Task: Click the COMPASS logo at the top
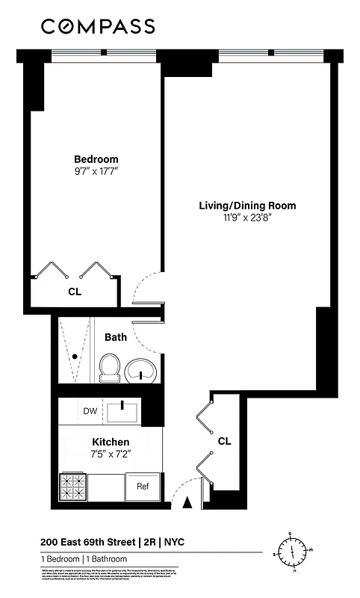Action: (98, 27)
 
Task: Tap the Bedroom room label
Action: (96, 159)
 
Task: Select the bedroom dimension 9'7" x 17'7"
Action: (96, 172)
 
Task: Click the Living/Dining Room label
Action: (247, 206)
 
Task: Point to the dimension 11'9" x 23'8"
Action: (247, 218)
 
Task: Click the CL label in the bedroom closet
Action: (74, 292)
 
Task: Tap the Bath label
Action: (115, 337)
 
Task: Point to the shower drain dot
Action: (75, 357)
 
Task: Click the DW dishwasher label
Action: (90, 410)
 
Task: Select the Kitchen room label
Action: (111, 442)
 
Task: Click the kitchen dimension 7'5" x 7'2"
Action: (111, 454)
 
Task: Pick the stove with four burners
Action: (73, 485)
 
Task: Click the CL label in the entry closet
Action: (224, 441)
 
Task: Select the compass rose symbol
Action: (294, 554)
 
